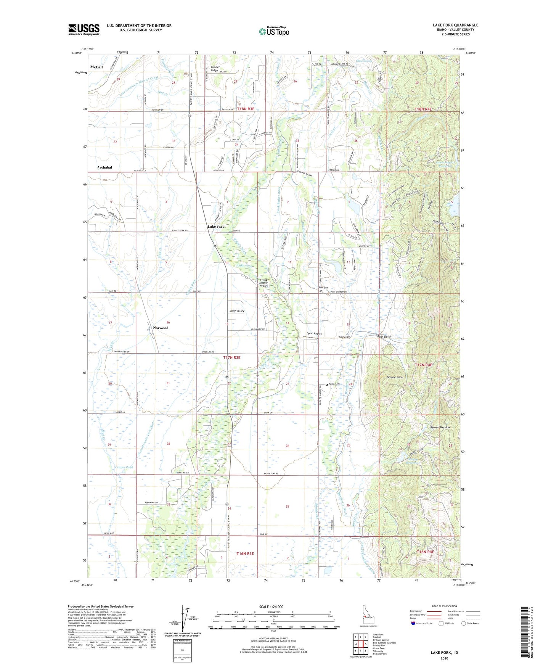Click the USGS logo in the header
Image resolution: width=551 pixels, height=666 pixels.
tap(84, 29)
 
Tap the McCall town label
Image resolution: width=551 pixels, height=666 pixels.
tap(96, 67)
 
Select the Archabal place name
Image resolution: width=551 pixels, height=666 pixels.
tap(104, 167)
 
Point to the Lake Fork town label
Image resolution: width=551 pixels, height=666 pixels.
tap(216, 227)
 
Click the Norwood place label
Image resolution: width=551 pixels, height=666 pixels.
tap(161, 328)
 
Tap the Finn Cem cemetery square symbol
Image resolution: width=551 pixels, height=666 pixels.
tap(321, 291)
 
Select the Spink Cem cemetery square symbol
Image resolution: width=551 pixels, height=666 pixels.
tap(326, 384)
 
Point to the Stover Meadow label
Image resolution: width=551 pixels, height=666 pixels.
tap(440, 428)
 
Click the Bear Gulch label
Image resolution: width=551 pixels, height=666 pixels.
tap(384, 337)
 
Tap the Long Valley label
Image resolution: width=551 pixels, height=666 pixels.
tap(237, 311)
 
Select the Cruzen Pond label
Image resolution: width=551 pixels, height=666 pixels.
tap(124, 467)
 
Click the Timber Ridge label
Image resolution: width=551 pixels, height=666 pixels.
tap(214, 69)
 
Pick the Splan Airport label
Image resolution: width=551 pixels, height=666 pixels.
tap(315, 333)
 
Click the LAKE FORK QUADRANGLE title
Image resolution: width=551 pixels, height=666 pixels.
tap(455, 25)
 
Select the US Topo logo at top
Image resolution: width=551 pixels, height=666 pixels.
tap(274, 31)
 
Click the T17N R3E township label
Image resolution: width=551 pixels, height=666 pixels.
tap(231, 358)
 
